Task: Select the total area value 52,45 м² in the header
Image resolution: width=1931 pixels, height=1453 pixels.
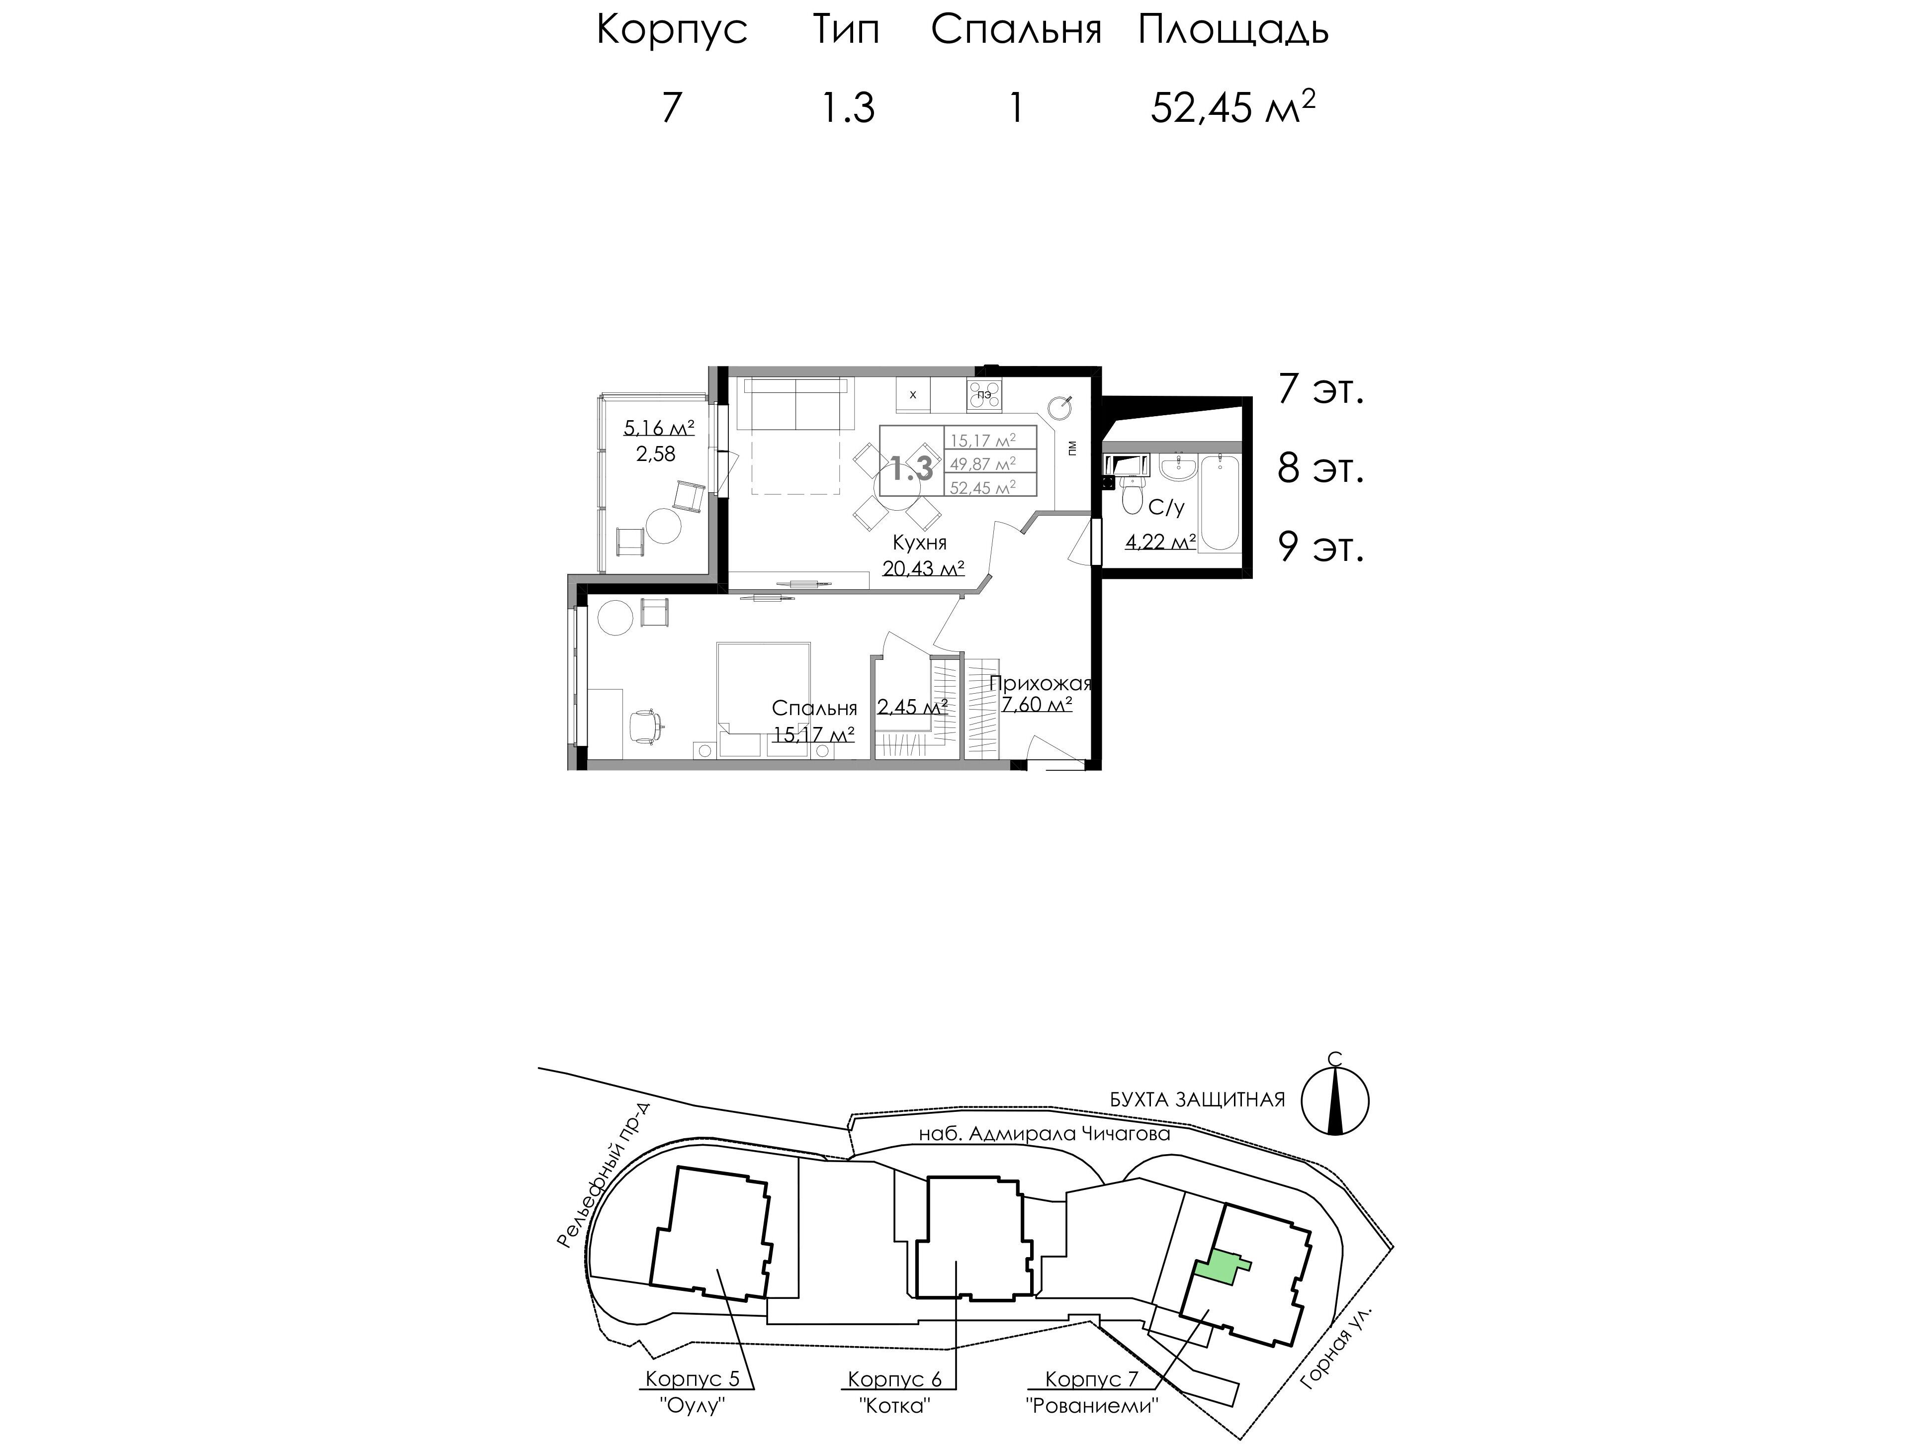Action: (1232, 108)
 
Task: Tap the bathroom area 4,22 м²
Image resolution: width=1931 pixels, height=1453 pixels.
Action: (1160, 542)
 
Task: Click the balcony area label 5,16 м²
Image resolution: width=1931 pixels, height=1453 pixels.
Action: (659, 428)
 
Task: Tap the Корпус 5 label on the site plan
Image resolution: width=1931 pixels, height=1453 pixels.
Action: (692, 1379)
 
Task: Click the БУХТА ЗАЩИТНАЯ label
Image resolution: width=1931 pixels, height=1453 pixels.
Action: (1198, 1099)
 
